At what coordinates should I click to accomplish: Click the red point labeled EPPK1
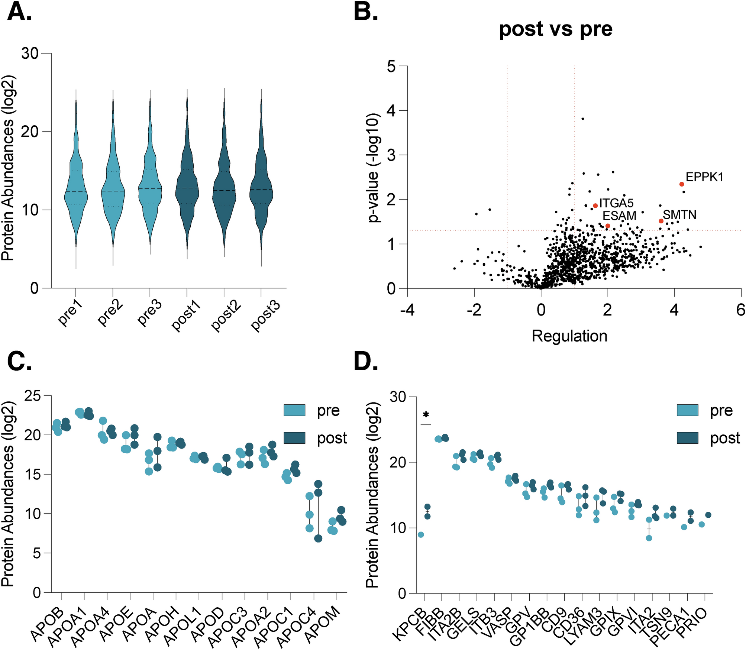tap(681, 184)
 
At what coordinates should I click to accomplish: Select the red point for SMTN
tap(661, 221)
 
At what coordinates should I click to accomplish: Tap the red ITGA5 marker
tap(595, 206)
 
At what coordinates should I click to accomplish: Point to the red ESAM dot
tap(608, 226)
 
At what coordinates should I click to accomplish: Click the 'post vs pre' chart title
tap(555, 29)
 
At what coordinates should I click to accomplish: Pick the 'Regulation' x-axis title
tap(569, 336)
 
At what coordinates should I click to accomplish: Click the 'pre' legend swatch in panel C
tap(294, 411)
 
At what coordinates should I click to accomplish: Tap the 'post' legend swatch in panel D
tap(687, 438)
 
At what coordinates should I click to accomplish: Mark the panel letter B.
tap(366, 12)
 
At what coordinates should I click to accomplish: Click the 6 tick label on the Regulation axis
tap(740, 310)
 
